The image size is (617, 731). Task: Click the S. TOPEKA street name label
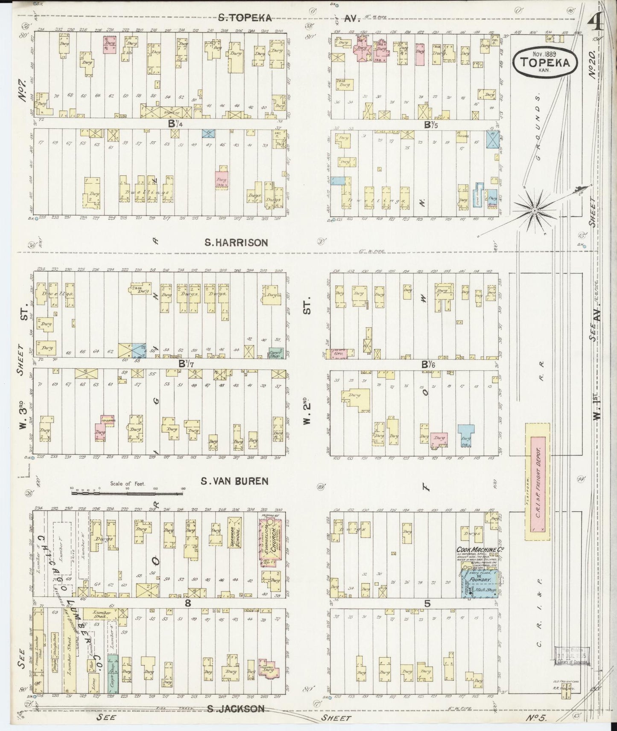pyautogui.click(x=245, y=17)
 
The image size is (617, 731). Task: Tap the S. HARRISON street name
pyautogui.click(x=236, y=243)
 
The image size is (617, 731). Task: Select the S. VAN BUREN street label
pyautogui.click(x=234, y=481)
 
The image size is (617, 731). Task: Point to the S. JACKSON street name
pyautogui.click(x=236, y=708)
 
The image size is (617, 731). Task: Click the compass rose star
pyautogui.click(x=534, y=211)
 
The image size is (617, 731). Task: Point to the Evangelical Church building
pyautogui.click(x=270, y=542)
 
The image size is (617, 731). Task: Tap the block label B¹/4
pyautogui.click(x=173, y=125)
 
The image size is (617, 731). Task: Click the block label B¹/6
pyautogui.click(x=428, y=364)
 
